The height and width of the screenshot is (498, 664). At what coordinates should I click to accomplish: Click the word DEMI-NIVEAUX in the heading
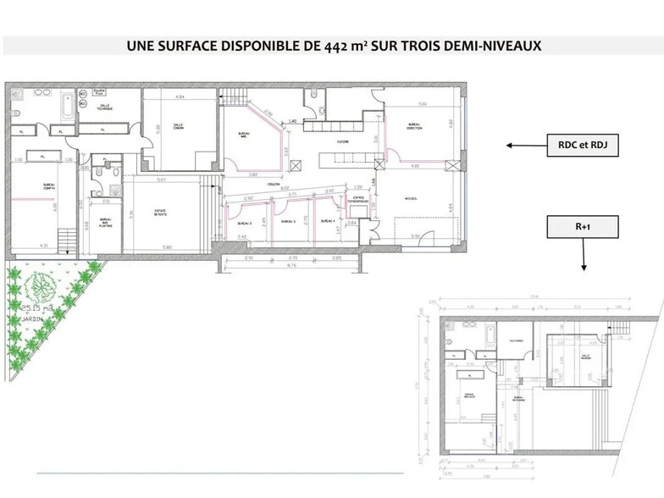click(483, 45)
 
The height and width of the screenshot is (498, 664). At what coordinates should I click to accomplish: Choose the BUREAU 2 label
click(245, 222)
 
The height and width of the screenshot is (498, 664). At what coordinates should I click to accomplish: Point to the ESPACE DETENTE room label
click(160, 213)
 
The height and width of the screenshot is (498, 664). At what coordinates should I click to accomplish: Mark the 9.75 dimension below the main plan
click(290, 267)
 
